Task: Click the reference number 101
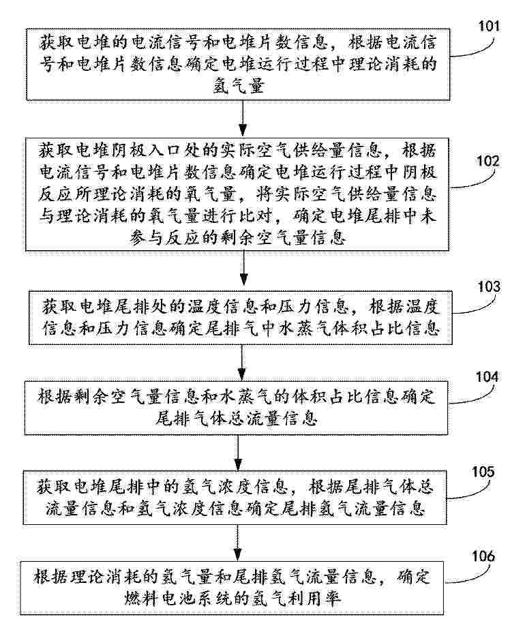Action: tap(489, 27)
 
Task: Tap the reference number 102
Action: tap(488, 162)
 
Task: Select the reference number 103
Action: tap(489, 287)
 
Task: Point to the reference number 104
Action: tap(487, 377)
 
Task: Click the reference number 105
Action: tap(483, 472)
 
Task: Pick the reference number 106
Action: tap(483, 557)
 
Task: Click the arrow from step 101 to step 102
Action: tap(243, 119)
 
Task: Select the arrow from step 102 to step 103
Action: tap(243, 268)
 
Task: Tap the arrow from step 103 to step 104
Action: tap(241, 363)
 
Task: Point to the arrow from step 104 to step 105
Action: tap(238, 453)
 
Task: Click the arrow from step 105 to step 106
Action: tap(237, 543)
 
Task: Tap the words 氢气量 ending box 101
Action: tap(239, 86)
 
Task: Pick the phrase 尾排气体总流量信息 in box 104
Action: tap(236, 418)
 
